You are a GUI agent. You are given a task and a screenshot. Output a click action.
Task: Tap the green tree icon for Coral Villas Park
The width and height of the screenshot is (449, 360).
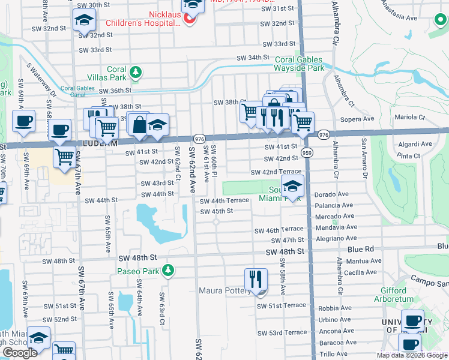click(136, 73)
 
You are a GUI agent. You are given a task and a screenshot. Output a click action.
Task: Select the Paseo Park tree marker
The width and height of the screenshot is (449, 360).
click(170, 271)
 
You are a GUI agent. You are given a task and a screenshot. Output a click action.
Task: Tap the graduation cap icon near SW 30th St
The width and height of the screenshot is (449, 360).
click(84, 22)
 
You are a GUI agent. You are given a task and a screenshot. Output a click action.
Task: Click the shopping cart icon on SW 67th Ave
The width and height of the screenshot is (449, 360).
click(65, 158)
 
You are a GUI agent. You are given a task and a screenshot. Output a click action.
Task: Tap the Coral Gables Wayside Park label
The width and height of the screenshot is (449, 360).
click(299, 64)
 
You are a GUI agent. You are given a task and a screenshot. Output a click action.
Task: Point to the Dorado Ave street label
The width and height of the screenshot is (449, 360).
click(331, 194)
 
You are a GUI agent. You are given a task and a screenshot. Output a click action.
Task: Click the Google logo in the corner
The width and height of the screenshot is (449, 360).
click(20, 353)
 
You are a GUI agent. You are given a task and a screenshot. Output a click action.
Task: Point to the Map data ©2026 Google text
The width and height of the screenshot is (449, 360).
click(411, 355)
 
